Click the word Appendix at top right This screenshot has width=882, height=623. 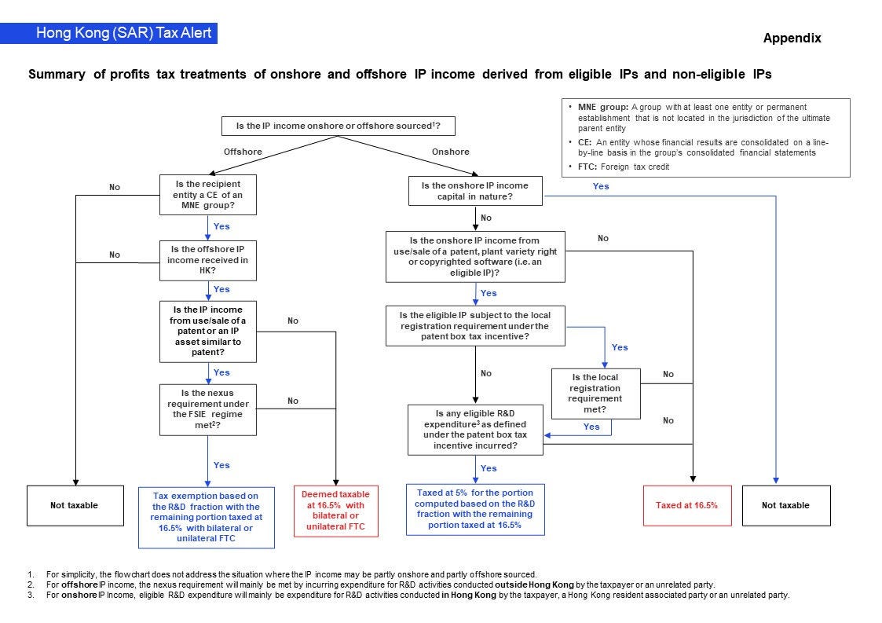(x=792, y=38)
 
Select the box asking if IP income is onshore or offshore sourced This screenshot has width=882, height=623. (x=338, y=126)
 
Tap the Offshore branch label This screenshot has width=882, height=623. (x=243, y=152)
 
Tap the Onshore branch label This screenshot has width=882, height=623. (x=451, y=152)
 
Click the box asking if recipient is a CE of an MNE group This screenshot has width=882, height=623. (x=207, y=196)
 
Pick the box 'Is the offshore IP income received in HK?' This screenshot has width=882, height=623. (x=207, y=261)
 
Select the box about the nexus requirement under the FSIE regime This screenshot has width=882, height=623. (x=207, y=409)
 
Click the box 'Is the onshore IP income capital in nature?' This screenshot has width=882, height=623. (x=475, y=191)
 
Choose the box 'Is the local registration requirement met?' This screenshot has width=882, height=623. (x=595, y=394)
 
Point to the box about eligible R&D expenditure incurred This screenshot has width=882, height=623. (x=475, y=429)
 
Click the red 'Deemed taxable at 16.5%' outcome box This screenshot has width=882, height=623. (x=335, y=511)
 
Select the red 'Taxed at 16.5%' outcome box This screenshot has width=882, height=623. (x=686, y=505)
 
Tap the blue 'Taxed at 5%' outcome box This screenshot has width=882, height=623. (x=475, y=510)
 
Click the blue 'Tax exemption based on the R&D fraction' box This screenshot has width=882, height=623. (x=207, y=517)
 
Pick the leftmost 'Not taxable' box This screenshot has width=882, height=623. (x=75, y=505)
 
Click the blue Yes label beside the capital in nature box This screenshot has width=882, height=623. (x=601, y=186)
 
